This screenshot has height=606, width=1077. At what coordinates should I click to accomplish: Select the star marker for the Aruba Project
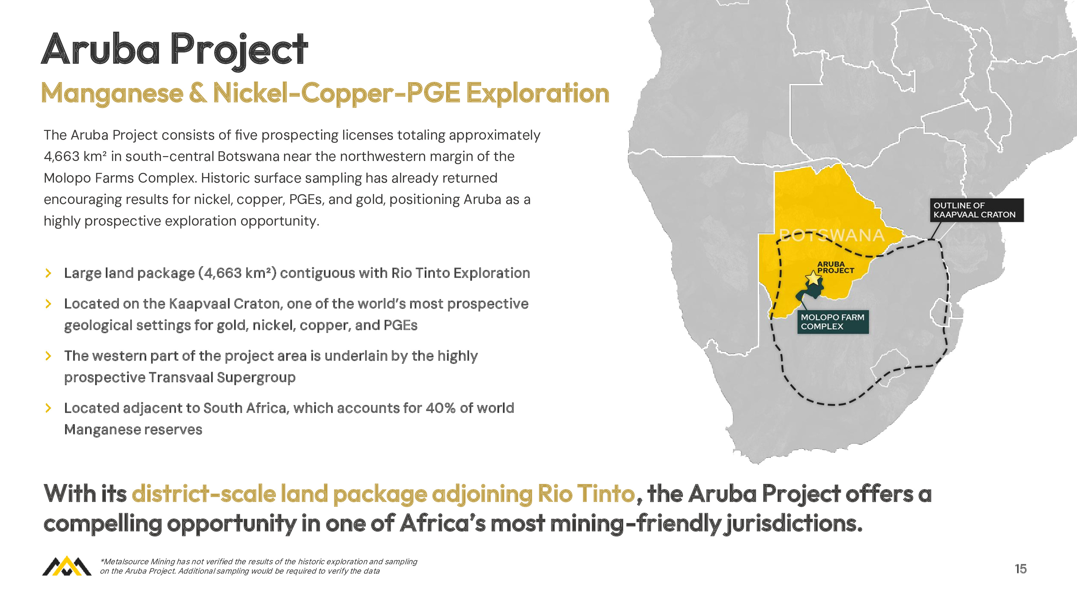(813, 278)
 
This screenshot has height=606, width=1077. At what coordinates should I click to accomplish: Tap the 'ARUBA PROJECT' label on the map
(835, 267)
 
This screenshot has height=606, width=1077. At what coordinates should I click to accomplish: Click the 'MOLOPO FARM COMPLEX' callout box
(833, 322)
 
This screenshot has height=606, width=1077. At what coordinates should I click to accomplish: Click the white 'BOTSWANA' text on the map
(832, 236)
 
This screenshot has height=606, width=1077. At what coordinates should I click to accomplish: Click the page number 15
(1020, 569)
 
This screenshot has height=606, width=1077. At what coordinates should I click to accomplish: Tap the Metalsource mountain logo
(67, 566)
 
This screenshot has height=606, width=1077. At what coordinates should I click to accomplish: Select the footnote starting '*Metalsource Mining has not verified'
(259, 566)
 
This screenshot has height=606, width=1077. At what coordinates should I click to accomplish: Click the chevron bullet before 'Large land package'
(48, 273)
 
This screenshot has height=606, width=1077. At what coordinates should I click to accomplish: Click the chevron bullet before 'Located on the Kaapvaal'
(48, 303)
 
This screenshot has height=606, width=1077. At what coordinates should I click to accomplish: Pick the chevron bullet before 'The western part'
(48, 356)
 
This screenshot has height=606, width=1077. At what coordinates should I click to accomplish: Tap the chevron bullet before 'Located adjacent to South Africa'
(48, 408)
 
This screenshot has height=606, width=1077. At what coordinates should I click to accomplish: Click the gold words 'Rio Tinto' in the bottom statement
(586, 494)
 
